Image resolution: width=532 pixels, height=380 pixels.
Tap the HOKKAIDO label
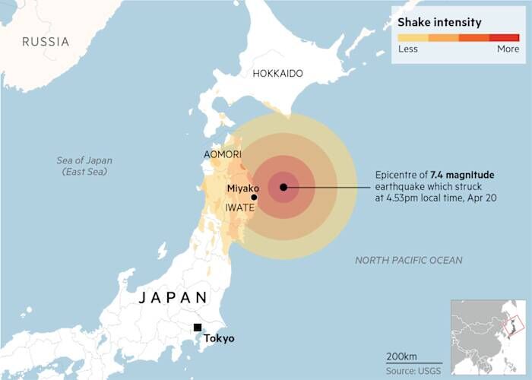277,74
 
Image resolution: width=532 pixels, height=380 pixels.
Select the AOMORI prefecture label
223,154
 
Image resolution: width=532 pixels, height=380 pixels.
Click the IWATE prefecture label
240,207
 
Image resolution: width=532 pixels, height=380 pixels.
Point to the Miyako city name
243,188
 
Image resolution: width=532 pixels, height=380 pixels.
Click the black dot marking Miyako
254,197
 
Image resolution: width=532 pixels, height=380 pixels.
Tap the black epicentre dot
283,187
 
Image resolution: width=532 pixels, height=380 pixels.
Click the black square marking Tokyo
198,328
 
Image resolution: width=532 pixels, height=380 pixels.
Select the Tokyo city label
220,338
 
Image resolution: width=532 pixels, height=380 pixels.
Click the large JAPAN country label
173,298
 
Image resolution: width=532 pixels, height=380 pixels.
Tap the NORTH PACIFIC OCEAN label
408,261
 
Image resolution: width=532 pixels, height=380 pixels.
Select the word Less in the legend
408,49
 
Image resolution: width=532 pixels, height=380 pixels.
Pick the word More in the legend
508,49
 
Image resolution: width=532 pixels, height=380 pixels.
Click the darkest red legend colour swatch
505,37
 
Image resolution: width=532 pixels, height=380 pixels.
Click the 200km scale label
401,356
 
